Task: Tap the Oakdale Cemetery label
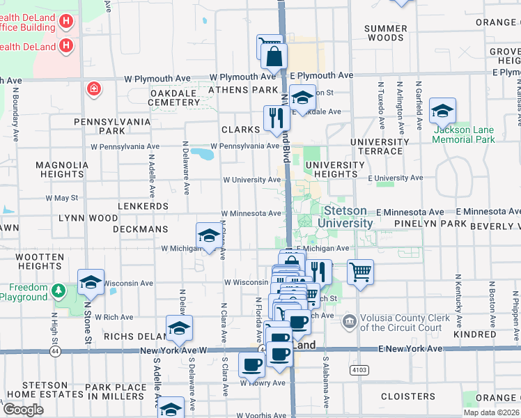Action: (174, 97)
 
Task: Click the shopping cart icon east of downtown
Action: (360, 272)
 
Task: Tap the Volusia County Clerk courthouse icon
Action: (350, 322)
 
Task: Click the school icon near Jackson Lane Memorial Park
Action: (442, 111)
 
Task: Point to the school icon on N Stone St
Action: (91, 282)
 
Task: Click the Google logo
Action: (23, 410)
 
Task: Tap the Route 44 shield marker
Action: (55, 351)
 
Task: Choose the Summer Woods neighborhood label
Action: (386, 33)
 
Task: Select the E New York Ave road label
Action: (411, 348)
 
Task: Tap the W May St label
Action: (62, 198)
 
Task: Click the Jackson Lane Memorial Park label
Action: (463, 134)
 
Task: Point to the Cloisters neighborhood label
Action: (408, 396)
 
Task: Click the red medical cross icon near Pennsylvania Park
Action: (93, 89)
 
